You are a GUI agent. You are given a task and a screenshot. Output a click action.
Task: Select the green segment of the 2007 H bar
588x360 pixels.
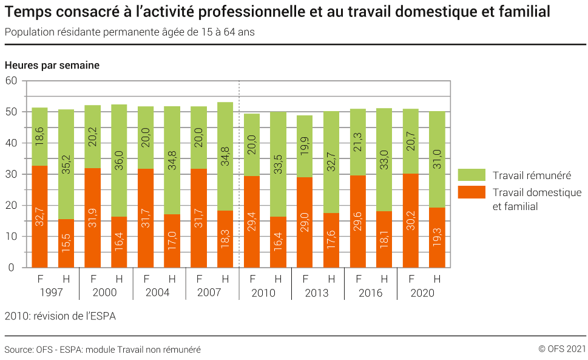click(x=225, y=156)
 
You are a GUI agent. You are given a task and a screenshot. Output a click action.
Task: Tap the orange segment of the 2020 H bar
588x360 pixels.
click(x=437, y=237)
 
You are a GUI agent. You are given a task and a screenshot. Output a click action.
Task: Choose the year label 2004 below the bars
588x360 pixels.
click(x=157, y=293)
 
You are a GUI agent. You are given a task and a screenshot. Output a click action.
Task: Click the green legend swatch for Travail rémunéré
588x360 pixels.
click(x=471, y=175)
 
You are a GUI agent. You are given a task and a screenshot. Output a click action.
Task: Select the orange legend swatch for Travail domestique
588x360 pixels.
click(x=471, y=192)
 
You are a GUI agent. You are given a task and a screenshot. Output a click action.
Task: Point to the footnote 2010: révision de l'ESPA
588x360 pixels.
click(x=60, y=316)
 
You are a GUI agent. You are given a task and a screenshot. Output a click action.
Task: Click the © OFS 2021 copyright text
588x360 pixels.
click(x=561, y=349)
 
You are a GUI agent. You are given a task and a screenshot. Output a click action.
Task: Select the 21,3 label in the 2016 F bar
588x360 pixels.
click(x=359, y=143)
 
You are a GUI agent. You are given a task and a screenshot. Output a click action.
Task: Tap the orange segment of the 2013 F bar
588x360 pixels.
click(x=305, y=222)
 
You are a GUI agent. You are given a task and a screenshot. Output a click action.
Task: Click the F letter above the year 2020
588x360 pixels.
click(x=411, y=279)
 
